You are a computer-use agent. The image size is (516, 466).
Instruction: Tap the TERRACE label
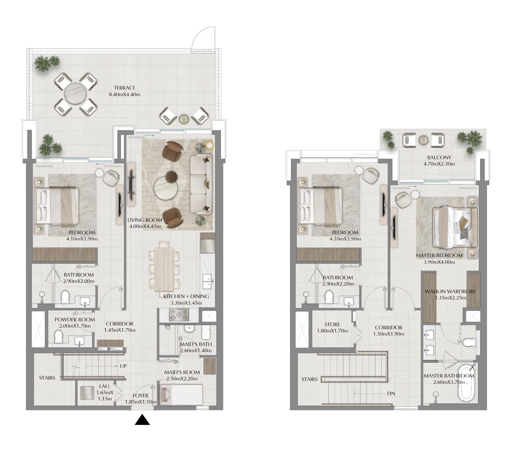(x=125, y=88)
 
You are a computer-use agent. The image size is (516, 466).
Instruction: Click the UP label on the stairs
(x=123, y=366)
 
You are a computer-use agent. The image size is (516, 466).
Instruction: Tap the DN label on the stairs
(x=391, y=393)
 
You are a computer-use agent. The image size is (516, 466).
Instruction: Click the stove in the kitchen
(x=179, y=315)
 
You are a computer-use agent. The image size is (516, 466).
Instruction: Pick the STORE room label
(x=332, y=324)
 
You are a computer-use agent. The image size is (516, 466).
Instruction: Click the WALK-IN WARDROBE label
(x=450, y=291)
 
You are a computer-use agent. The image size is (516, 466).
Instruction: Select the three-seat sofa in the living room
(x=201, y=185)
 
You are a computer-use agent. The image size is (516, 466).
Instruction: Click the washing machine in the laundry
(x=88, y=393)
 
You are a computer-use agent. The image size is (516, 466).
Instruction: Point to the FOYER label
(x=140, y=396)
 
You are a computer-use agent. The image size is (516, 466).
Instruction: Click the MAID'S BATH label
(x=196, y=344)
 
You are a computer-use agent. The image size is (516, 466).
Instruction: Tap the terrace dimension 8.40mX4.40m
(x=125, y=94)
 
